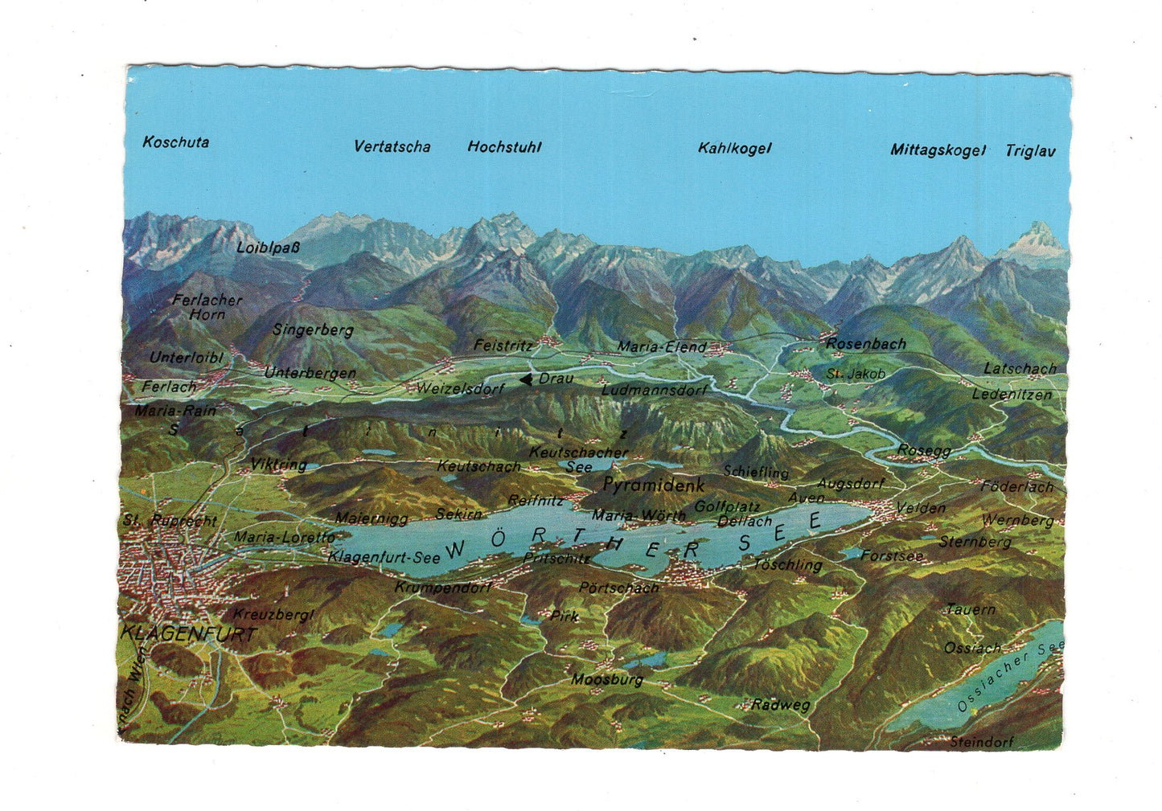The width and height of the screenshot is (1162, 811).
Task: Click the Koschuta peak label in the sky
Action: click(175, 142)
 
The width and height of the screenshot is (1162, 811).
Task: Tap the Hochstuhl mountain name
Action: click(504, 147)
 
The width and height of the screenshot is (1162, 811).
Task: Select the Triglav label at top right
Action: click(1029, 151)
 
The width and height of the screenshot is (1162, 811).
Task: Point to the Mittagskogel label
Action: click(937, 150)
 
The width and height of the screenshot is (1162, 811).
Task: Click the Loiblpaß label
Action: click(268, 248)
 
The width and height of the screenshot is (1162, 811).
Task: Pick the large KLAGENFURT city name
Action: click(189, 633)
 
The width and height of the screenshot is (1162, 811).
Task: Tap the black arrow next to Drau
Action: click(526, 379)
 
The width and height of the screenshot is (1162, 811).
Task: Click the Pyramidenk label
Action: click(653, 485)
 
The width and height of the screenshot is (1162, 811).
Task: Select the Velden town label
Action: click(921, 508)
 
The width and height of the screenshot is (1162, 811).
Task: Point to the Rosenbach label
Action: click(865, 344)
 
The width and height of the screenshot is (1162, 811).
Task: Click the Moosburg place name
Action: click(607, 680)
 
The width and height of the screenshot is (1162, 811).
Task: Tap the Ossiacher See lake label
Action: click(1010, 677)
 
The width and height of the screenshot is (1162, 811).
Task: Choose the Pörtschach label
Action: click(618, 588)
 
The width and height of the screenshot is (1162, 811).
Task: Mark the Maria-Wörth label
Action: click(638, 515)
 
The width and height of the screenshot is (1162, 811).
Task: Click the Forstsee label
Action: click(891, 555)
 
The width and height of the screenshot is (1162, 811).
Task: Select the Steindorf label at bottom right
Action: click(981, 742)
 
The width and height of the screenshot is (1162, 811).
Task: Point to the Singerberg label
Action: click(313, 330)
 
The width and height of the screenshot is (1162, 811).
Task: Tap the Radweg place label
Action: click(780, 705)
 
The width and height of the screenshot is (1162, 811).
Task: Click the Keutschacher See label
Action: click(578, 459)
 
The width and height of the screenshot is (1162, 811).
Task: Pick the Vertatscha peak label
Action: click(392, 147)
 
